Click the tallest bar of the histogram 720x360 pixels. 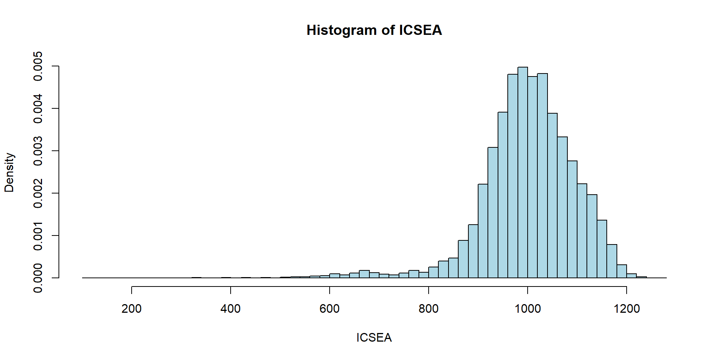[x=522, y=172]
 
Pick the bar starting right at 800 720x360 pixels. [x=433, y=273]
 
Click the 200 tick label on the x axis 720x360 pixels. [x=132, y=309]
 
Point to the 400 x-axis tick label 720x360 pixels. [x=231, y=309]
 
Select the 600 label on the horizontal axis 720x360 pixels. [x=330, y=309]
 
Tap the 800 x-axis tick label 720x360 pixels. [x=429, y=309]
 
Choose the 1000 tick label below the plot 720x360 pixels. [x=528, y=309]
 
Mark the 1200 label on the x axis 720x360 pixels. [x=627, y=309]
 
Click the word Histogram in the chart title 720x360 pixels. [x=341, y=30]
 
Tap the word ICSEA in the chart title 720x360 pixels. [x=420, y=30]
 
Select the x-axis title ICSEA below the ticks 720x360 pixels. [x=374, y=337]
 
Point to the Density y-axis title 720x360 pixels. [x=9, y=172]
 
